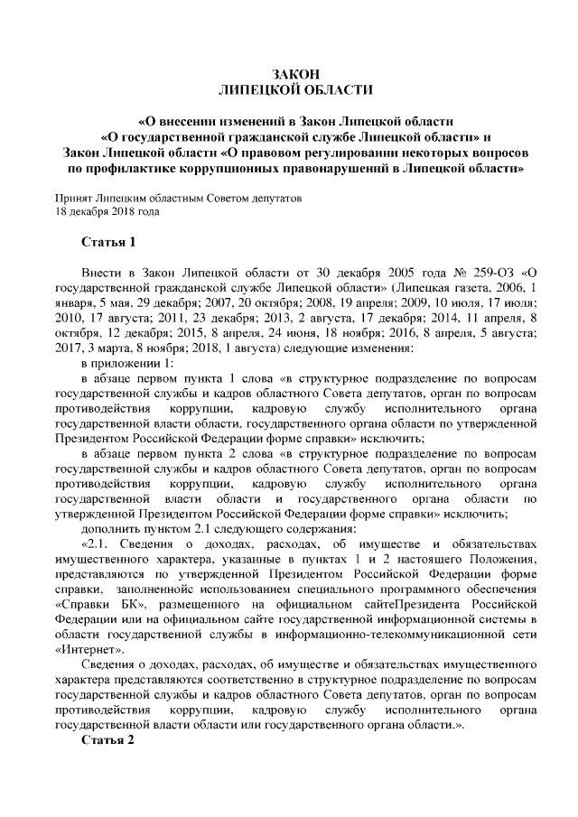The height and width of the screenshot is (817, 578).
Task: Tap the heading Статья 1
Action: click(107, 242)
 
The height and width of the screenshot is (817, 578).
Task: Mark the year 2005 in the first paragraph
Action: click(385, 272)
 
